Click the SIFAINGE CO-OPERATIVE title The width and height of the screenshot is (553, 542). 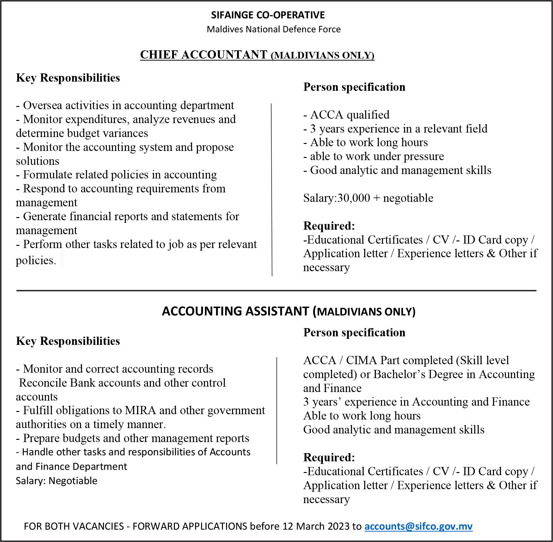tap(268, 15)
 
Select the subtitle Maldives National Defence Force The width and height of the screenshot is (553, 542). tap(273, 29)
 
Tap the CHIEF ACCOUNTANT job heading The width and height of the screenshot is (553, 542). tap(204, 55)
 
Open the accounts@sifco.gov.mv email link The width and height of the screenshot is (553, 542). tap(418, 526)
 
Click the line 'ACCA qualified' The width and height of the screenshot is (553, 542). tap(347, 115)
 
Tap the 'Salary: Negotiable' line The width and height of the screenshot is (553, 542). tap(57, 481)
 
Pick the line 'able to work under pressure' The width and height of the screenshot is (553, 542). tap(374, 156)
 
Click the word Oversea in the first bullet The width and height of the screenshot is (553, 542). tap(42, 105)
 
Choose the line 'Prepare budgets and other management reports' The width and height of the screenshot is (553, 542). tap(132, 438)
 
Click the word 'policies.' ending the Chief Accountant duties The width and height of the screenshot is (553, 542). tap(36, 260)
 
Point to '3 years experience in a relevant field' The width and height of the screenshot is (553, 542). tap(395, 129)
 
